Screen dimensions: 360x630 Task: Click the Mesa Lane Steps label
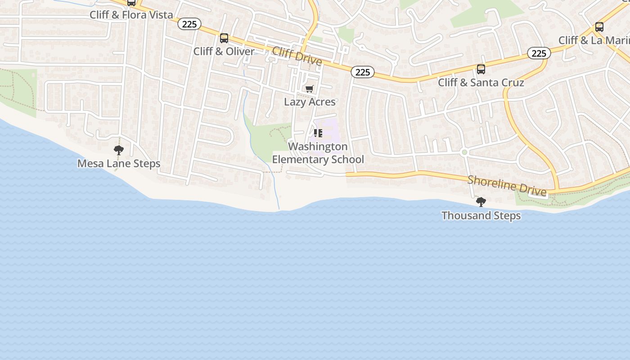point(119,163)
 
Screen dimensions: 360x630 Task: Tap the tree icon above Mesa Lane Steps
point(119,150)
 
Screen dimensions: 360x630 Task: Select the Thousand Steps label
point(481,216)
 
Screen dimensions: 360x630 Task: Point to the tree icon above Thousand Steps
point(481,202)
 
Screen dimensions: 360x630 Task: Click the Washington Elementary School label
point(318,153)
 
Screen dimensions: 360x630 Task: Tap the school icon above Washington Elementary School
point(318,133)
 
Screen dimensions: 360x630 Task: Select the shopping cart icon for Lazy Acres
point(309,89)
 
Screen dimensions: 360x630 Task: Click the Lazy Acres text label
point(310,102)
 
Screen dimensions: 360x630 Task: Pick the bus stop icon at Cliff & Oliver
point(224,38)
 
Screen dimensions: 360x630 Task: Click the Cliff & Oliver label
point(224,51)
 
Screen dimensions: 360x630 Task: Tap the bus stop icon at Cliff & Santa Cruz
point(481,69)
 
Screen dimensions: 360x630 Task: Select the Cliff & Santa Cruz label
point(481,82)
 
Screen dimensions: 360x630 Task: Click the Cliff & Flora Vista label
point(131,15)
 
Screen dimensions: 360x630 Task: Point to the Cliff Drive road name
point(297,56)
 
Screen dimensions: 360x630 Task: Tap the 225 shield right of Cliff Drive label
point(363,72)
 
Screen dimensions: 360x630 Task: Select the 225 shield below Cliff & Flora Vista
point(189,24)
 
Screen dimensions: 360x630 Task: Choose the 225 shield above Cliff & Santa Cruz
point(539,54)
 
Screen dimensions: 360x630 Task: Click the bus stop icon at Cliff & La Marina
point(599,27)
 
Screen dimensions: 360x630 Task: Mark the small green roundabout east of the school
point(464,153)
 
